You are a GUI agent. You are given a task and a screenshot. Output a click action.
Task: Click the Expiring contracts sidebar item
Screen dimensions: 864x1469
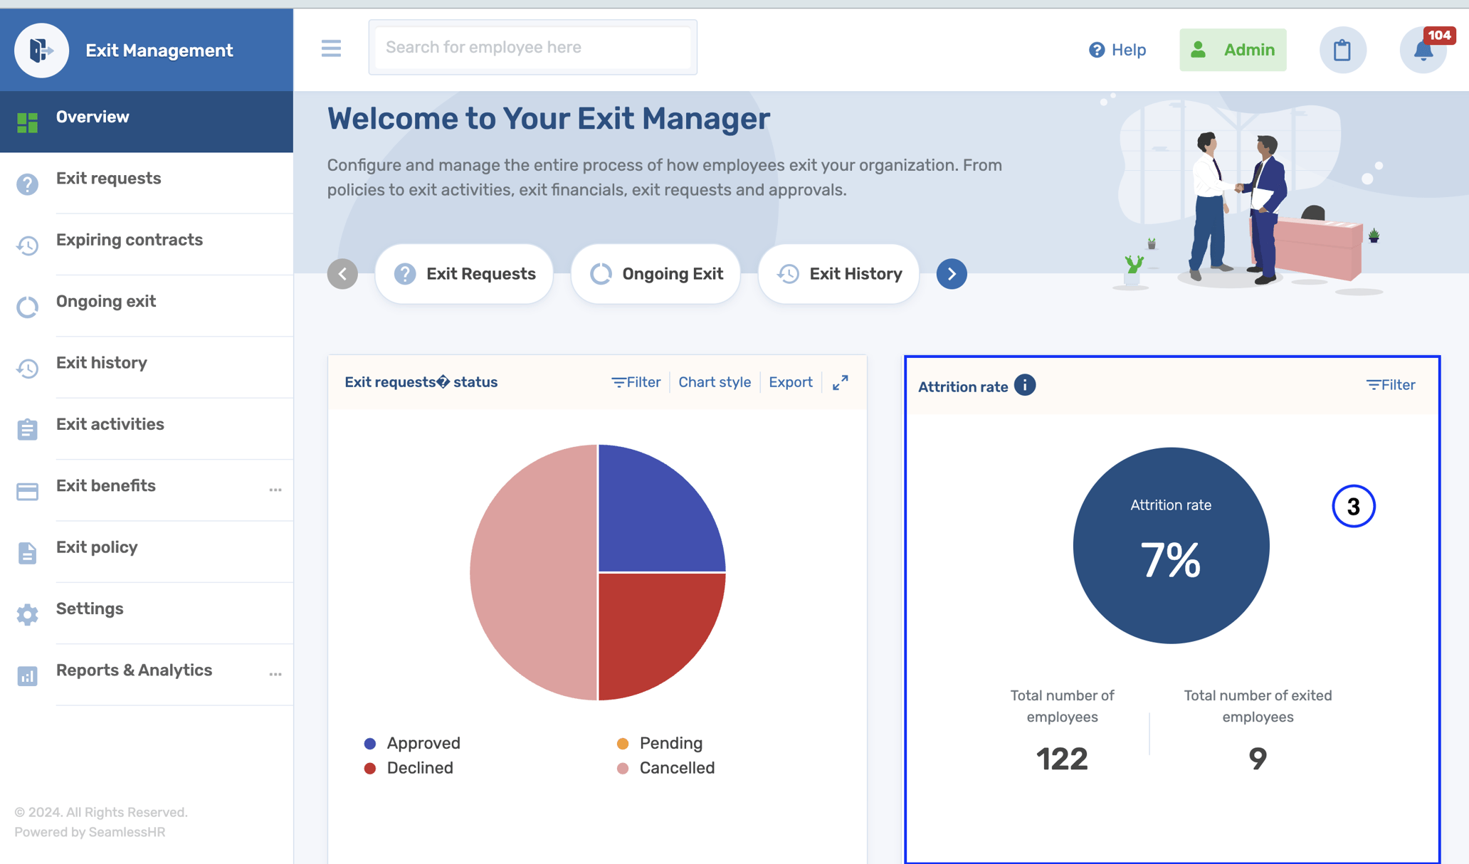[129, 240]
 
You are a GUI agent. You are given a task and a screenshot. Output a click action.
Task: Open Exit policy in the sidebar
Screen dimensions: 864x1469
[97, 547]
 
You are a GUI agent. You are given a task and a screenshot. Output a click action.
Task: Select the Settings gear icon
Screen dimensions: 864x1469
[27, 614]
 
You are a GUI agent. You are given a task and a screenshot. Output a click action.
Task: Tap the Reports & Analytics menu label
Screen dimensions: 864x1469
[134, 670]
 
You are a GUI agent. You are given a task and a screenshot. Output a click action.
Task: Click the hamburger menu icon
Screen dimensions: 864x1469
[331, 48]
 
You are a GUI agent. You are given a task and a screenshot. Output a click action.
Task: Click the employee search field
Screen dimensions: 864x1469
[532, 48]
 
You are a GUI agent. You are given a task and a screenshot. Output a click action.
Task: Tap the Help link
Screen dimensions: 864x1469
[1117, 50]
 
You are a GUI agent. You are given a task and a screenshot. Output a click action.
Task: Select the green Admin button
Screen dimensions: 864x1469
[1233, 50]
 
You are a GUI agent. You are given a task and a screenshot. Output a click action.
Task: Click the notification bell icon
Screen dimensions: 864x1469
[1423, 51]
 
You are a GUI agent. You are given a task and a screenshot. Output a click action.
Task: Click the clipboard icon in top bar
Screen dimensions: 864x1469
[1342, 51]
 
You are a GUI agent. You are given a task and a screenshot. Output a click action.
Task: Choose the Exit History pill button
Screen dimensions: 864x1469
[838, 274]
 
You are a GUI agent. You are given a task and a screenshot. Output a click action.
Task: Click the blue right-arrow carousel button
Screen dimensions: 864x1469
[952, 274]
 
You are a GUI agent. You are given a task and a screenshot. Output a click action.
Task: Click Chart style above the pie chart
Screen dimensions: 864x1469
[714, 382]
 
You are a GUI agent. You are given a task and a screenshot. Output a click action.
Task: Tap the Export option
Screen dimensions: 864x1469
[790, 382]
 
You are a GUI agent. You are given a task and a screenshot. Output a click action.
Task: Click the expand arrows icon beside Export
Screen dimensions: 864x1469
[841, 382]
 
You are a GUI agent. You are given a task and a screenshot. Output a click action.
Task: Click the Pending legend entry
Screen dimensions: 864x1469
[670, 743]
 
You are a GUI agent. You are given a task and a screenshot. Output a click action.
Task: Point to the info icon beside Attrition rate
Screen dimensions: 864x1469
[1025, 385]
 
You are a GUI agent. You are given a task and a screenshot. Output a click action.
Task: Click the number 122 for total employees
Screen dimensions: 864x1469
[1062, 759]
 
